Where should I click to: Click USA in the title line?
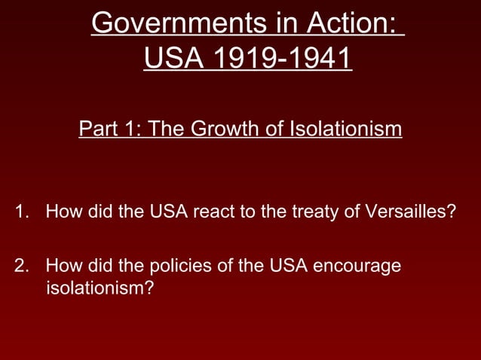pyautogui.click(x=167, y=59)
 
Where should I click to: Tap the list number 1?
pyautogui.click(x=20, y=211)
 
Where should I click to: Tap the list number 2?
pyautogui.click(x=20, y=267)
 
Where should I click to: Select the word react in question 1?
pyautogui.click(x=214, y=211)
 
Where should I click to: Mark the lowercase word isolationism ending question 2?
pyautogui.click(x=100, y=288)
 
